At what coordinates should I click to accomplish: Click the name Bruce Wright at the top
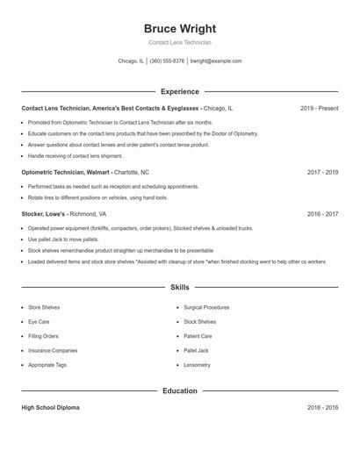(179, 28)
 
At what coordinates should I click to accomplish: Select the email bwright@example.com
(216, 61)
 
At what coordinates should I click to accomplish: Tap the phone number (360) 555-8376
(167, 61)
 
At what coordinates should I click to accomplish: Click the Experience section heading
(179, 91)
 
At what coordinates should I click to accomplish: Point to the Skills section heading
(179, 287)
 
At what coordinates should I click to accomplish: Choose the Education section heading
(179, 390)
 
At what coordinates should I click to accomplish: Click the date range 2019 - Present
(319, 108)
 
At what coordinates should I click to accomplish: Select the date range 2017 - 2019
(322, 173)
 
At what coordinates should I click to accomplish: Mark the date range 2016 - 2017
(322, 213)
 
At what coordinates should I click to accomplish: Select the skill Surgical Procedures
(206, 308)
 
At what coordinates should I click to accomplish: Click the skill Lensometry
(197, 364)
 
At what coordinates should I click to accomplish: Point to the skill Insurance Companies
(53, 350)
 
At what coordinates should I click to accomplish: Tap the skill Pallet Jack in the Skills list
(196, 350)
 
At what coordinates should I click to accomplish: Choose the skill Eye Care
(39, 322)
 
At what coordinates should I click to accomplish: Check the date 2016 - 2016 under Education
(322, 408)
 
